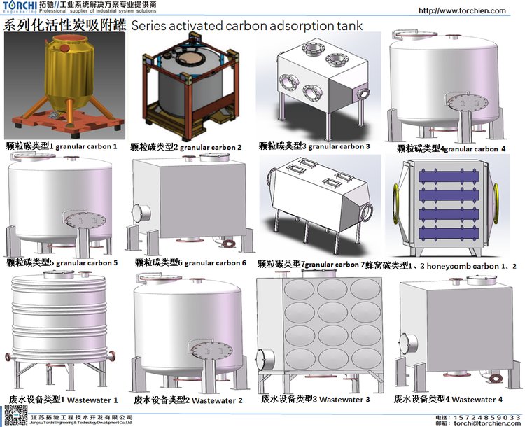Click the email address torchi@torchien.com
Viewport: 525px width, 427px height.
(x=487, y=423)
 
